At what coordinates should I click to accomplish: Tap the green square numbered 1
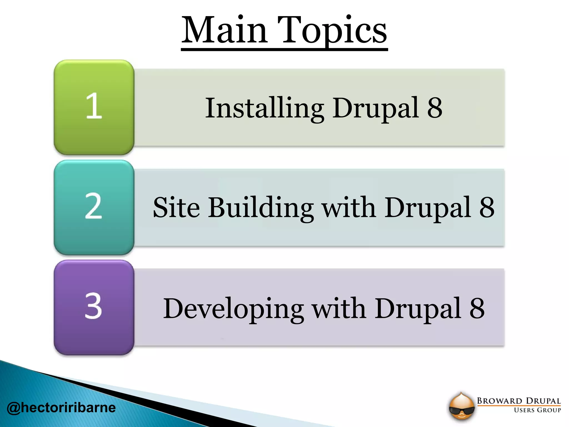click(x=94, y=107)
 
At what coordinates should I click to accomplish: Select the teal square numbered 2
click(x=94, y=207)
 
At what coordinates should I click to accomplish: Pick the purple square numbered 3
click(x=94, y=307)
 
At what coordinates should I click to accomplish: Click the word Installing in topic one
click(x=264, y=108)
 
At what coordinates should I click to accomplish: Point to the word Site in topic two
click(x=176, y=208)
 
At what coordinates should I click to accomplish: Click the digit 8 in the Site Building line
click(x=487, y=207)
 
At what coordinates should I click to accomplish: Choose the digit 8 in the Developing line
click(x=477, y=308)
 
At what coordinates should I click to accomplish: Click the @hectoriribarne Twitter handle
click(x=61, y=408)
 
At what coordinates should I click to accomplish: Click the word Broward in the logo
click(x=500, y=401)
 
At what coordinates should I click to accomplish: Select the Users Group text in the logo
click(x=537, y=410)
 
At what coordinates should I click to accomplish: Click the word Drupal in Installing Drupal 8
click(x=376, y=108)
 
